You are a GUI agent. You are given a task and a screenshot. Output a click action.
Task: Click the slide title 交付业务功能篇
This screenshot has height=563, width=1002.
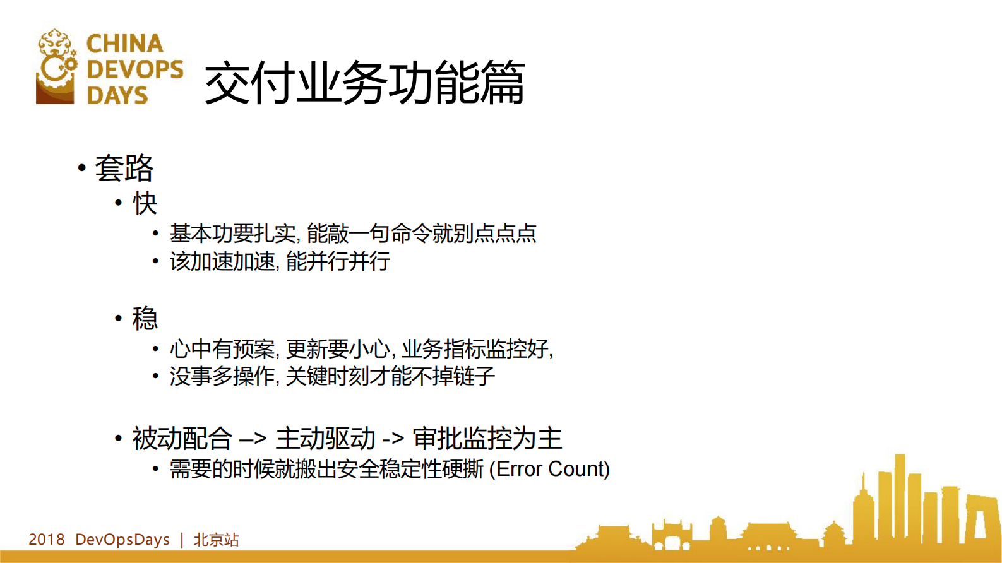pyautogui.click(x=364, y=82)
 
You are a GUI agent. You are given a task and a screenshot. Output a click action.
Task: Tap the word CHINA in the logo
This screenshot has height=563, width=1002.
pyautogui.click(x=124, y=44)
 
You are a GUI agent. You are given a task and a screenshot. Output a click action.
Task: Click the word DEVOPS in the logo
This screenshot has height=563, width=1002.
pyautogui.click(x=134, y=69)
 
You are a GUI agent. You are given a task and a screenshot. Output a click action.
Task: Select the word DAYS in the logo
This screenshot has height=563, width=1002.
pyautogui.click(x=117, y=95)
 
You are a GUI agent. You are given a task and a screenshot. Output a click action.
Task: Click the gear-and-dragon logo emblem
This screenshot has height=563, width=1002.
pyautogui.click(x=56, y=66)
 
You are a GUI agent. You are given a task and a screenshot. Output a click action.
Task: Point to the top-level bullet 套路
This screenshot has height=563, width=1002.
pyautogui.click(x=124, y=168)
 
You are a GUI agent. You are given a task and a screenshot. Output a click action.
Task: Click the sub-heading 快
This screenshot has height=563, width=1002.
pyautogui.click(x=145, y=203)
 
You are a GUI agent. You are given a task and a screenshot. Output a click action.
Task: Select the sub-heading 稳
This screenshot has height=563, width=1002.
pyautogui.click(x=145, y=318)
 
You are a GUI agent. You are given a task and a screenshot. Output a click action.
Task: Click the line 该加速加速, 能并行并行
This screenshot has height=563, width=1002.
pyautogui.click(x=280, y=261)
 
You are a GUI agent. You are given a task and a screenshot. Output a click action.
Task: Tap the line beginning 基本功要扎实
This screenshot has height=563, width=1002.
pyautogui.click(x=353, y=234)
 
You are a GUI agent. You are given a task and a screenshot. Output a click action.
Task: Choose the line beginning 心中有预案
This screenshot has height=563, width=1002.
pyautogui.click(x=361, y=348)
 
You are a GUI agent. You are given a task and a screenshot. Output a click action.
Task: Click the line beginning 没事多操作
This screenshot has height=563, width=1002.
pyautogui.click(x=332, y=377)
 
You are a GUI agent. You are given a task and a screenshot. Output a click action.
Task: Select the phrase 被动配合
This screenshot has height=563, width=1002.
pyautogui.click(x=182, y=439)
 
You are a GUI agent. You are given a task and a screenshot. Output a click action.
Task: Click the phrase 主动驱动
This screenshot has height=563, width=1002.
pyautogui.click(x=325, y=439)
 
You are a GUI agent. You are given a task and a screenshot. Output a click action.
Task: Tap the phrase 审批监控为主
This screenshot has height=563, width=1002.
pyautogui.click(x=487, y=439)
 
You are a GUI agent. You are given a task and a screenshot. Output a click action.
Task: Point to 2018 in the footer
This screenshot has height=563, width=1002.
pyautogui.click(x=46, y=540)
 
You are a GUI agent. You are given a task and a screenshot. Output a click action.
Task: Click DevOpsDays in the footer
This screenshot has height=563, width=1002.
pyautogui.click(x=122, y=540)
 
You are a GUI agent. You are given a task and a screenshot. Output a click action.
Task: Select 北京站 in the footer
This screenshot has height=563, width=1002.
pyautogui.click(x=216, y=540)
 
